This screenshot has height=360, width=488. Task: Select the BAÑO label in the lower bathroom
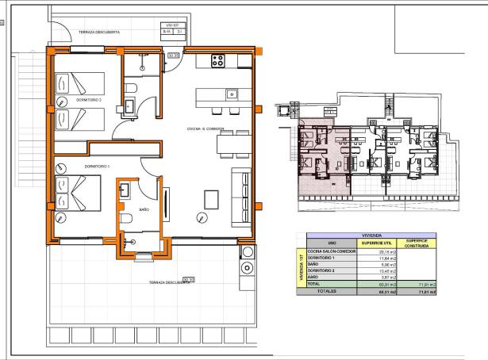144,209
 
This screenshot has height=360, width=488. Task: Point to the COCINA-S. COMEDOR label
206,128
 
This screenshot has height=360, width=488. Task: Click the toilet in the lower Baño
125,218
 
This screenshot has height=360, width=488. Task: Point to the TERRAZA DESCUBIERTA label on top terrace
99,33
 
